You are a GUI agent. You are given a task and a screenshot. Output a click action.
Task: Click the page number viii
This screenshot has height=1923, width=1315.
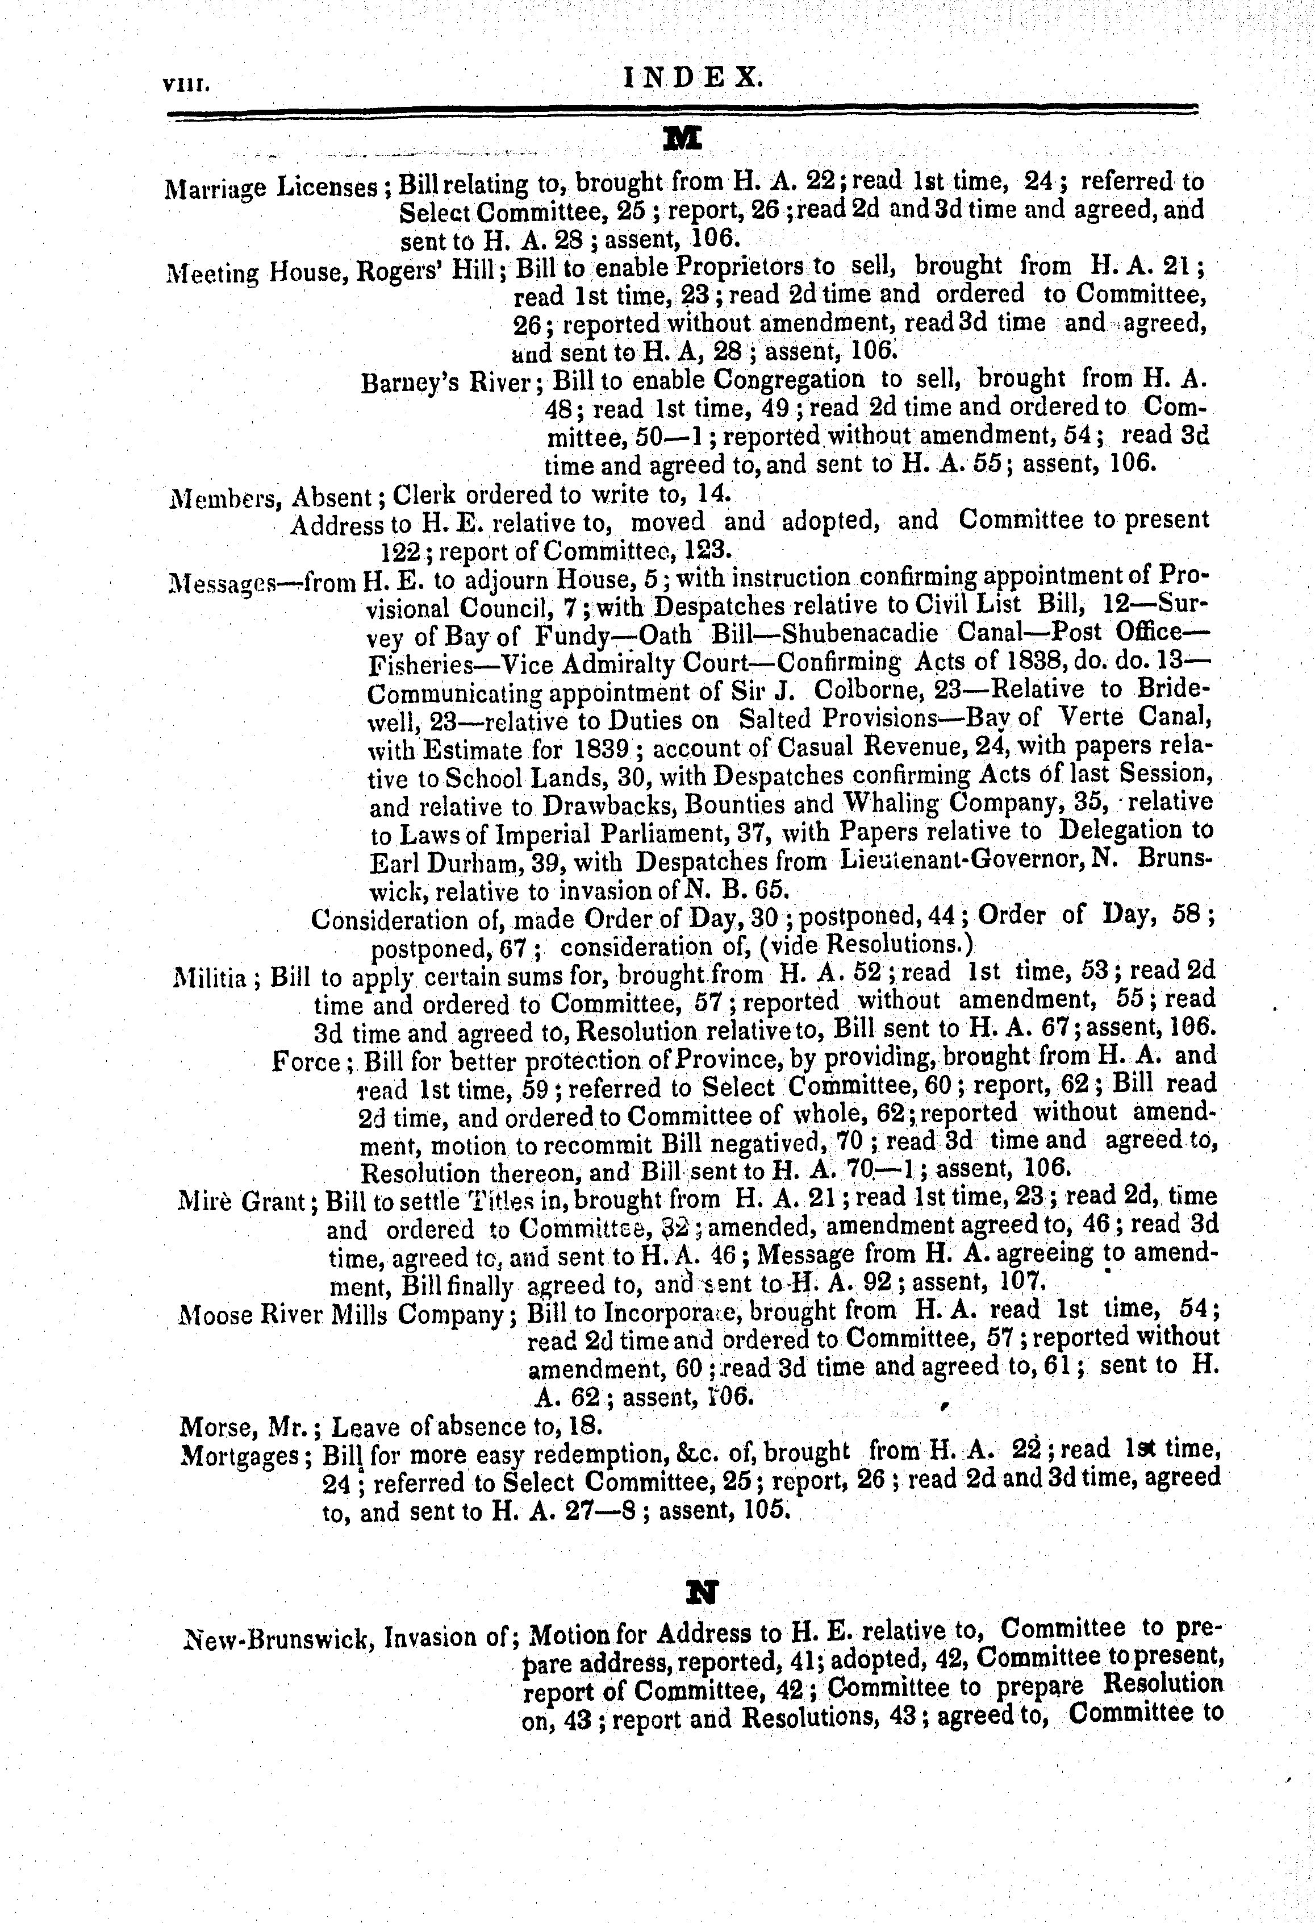[x=189, y=84]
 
